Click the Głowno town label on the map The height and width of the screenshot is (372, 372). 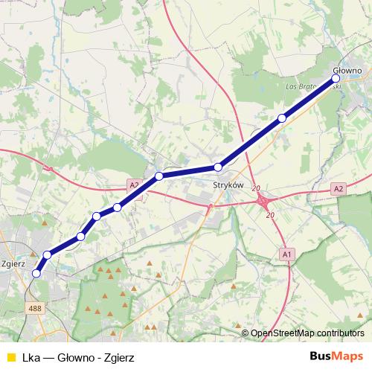point(348,71)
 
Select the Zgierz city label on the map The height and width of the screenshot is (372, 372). point(15,263)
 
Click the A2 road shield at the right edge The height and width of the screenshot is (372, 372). point(339,189)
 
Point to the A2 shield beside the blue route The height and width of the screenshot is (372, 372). point(133,185)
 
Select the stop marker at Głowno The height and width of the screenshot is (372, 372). point(336,78)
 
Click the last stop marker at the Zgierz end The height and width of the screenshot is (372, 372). point(36,274)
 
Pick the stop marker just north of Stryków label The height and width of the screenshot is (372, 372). point(217,167)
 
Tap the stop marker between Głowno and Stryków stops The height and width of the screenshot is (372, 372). point(282,118)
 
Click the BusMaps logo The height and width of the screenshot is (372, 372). point(337,356)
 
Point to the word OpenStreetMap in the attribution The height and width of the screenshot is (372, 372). point(283,333)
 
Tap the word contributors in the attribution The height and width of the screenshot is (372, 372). point(341,333)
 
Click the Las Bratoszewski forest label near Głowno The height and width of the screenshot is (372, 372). point(313,86)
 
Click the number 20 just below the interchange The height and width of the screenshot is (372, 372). point(270,215)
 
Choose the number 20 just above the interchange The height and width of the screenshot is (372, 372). point(256,189)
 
